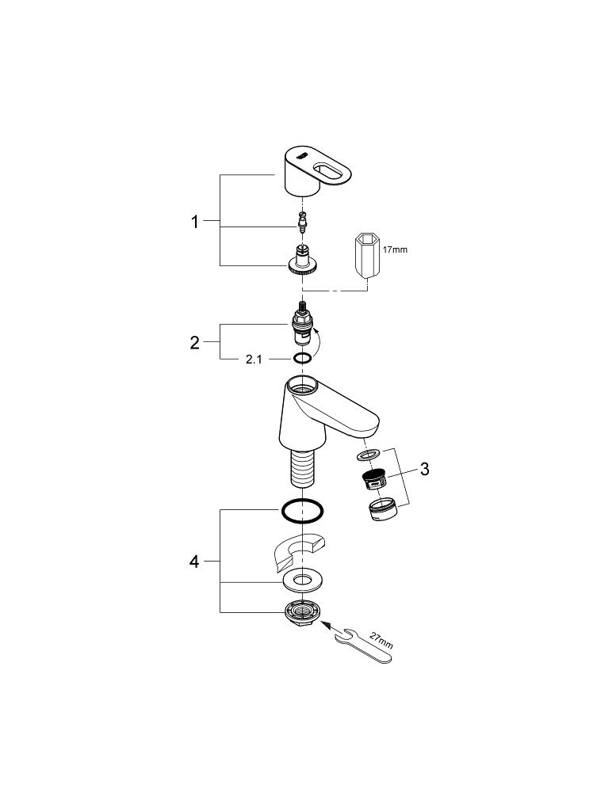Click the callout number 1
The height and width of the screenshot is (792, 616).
[x=195, y=223]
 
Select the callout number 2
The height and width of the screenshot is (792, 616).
[x=195, y=342]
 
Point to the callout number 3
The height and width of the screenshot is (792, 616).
[x=424, y=470]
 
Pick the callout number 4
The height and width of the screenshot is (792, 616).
[x=194, y=562]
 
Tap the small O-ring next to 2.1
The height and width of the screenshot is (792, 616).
[x=301, y=360]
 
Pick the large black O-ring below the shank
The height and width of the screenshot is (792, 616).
[x=301, y=512]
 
